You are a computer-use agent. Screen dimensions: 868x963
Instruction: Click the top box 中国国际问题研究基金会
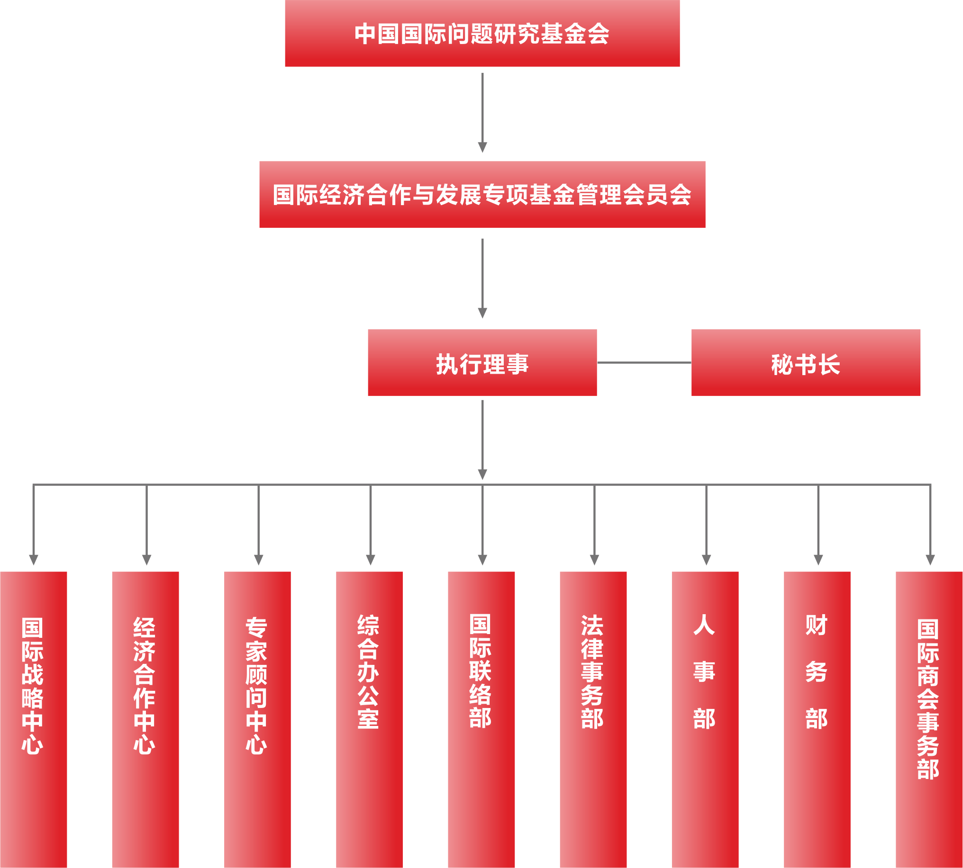(x=482, y=33)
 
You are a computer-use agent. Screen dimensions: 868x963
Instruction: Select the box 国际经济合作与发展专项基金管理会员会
(x=482, y=195)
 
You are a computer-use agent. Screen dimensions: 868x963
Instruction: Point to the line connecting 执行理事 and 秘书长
(x=644, y=362)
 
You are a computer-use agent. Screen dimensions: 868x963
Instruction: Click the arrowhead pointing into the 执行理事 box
(x=482, y=313)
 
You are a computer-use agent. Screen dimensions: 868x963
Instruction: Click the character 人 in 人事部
(x=704, y=625)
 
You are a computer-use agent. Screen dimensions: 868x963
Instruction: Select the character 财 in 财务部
(x=817, y=625)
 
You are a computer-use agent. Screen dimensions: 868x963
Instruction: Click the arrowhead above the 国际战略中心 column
(x=33, y=559)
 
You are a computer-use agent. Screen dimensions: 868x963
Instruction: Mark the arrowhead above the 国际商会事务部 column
(x=930, y=559)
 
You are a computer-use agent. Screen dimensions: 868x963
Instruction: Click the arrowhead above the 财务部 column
(x=818, y=559)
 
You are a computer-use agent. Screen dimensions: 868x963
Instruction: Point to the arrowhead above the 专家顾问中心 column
(x=259, y=559)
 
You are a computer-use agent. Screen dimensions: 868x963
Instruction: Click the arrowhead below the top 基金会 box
(x=482, y=147)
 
